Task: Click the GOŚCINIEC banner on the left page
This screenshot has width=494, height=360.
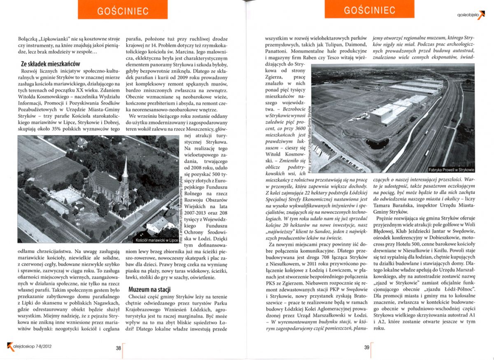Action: [123, 10]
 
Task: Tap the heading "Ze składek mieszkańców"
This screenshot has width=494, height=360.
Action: [50, 64]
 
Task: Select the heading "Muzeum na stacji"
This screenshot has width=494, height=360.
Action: [150, 289]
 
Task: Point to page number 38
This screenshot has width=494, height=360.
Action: [118, 348]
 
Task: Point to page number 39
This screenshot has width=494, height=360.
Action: [367, 348]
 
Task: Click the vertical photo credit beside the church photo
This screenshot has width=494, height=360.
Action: [182, 206]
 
